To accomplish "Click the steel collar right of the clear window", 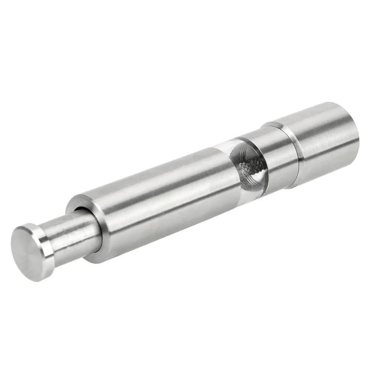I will (x=277, y=155).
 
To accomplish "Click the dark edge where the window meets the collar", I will (x=263, y=162).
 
